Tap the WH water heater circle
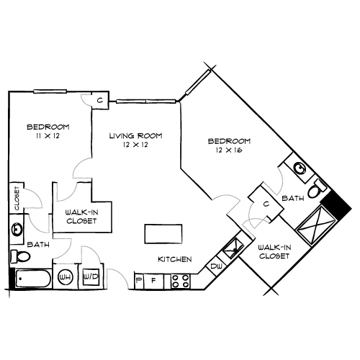pyautogui.click(x=65, y=276)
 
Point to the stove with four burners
pyautogui.click(x=180, y=281)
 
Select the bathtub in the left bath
pyautogui.click(x=32, y=278)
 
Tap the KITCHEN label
pyautogui.click(x=174, y=259)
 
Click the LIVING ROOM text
pyautogui.click(x=135, y=135)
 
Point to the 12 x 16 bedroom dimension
pyautogui.click(x=228, y=150)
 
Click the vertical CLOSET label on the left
pyautogui.click(x=15, y=197)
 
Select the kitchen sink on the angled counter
pyautogui.click(x=232, y=249)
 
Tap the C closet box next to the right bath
pyautogui.click(x=266, y=204)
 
